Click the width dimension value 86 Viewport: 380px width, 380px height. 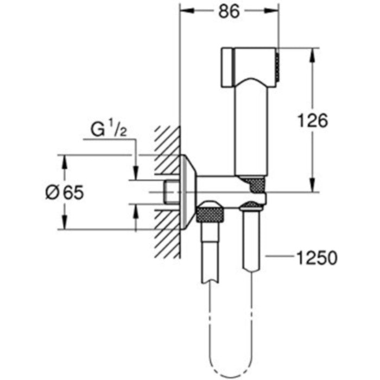click(229, 12)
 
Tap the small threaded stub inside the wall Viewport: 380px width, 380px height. click(171, 192)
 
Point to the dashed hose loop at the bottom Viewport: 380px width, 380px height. click(228, 364)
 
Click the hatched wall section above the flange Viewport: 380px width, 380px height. click(166, 141)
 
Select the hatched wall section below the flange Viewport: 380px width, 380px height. click(166, 233)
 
